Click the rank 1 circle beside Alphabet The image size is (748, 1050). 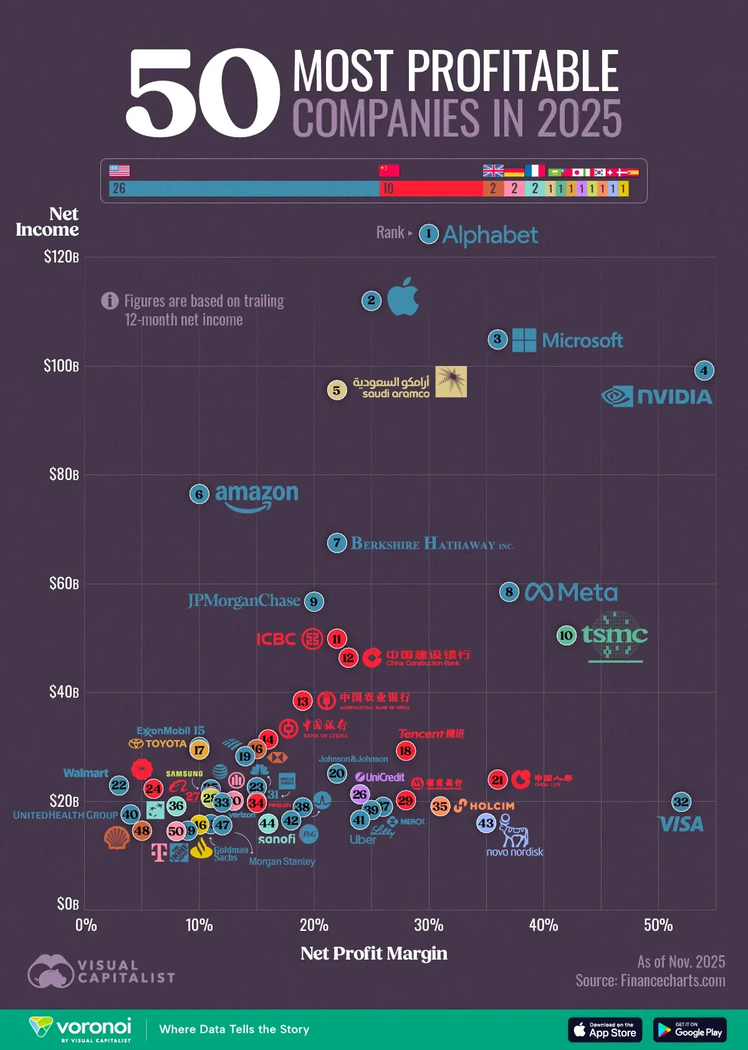[428, 234]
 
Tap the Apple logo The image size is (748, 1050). [403, 297]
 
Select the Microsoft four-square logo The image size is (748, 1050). [524, 340]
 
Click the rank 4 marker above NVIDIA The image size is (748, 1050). [704, 370]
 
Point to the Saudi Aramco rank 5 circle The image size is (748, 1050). [337, 390]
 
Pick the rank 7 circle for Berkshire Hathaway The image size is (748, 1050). [337, 542]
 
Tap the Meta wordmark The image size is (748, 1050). [572, 592]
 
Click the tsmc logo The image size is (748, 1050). [615, 635]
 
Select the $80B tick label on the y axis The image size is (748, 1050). [64, 474]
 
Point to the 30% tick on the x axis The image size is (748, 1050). [428, 925]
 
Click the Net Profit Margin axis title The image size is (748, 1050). [374, 953]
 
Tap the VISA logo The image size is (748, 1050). [681, 824]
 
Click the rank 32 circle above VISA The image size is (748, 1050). [681, 802]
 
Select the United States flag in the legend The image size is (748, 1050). [120, 170]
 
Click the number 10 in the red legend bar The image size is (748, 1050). [388, 188]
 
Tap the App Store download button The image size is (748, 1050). [605, 1030]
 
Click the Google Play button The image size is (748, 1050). [689, 1030]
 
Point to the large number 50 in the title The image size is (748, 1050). [203, 94]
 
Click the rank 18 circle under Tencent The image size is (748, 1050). [405, 750]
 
